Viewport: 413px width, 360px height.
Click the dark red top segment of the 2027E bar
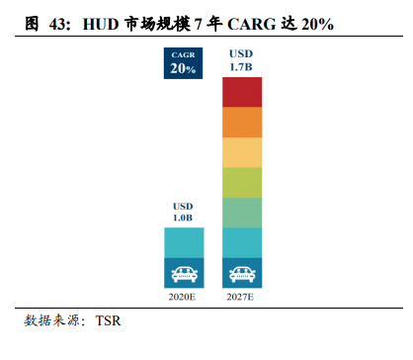pos(242,92)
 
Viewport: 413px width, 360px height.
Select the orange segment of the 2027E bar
pos(242,123)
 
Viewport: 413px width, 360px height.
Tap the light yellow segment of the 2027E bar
pos(242,152)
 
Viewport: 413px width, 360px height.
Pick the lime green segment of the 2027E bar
pos(242,182)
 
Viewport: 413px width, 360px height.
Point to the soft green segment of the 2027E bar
pos(242,213)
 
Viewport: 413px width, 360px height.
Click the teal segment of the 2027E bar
pos(242,242)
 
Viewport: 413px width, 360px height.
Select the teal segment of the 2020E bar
pos(183,242)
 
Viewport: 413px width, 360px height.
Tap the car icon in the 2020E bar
pos(183,272)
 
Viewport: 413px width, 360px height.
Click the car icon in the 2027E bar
pos(242,272)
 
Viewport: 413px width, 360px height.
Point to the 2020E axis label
pos(183,296)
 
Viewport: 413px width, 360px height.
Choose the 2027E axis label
pos(242,296)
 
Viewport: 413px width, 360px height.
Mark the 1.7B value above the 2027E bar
pos(243,66)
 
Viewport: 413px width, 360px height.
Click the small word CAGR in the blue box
pos(183,54)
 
